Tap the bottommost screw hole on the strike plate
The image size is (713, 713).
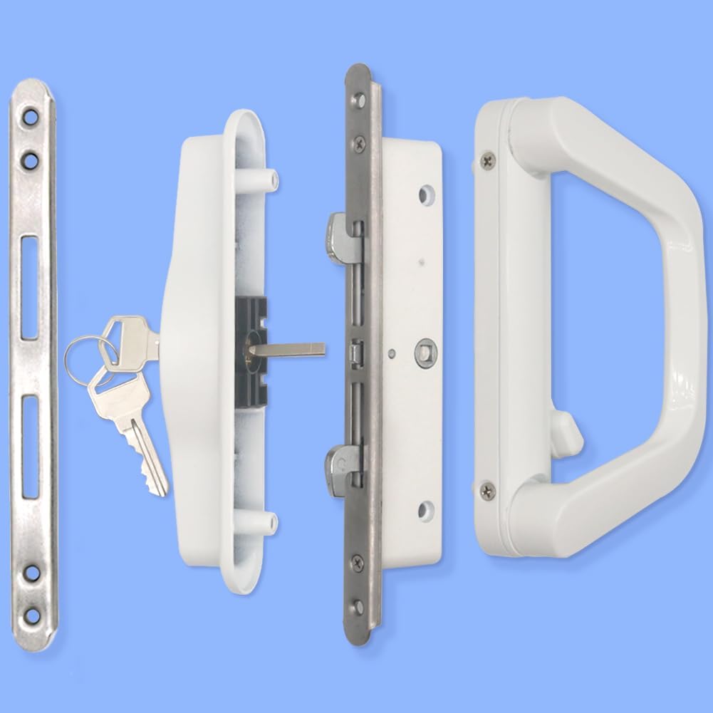(32, 615)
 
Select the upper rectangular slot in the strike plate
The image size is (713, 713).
(30, 288)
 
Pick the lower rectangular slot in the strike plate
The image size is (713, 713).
(31, 447)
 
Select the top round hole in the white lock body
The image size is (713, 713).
(425, 193)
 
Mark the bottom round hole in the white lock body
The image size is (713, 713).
(425, 509)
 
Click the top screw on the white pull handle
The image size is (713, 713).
(487, 161)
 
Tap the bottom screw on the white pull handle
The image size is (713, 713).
(487, 489)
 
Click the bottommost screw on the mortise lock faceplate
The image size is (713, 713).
(358, 606)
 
